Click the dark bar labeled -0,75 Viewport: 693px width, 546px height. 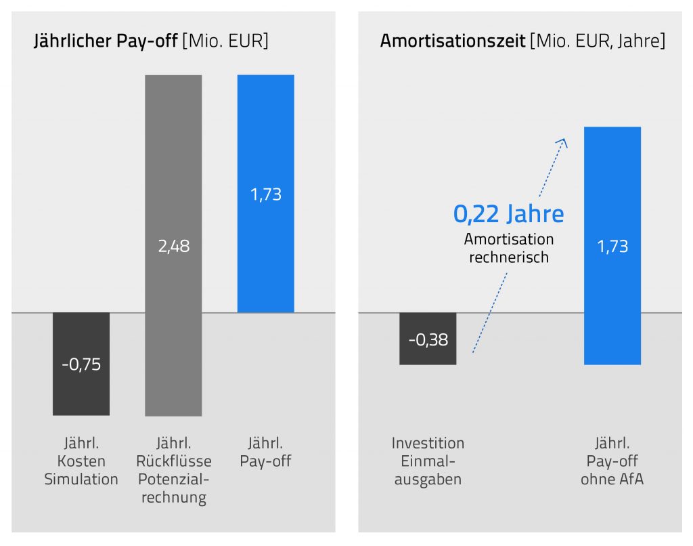pyautogui.click(x=81, y=390)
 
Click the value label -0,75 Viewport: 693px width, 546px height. pyautogui.click(x=81, y=364)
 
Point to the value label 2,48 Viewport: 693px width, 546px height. pyautogui.click(x=173, y=246)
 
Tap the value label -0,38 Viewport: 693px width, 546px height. pyautogui.click(x=428, y=339)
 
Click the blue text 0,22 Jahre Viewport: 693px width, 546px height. pyautogui.click(x=508, y=214)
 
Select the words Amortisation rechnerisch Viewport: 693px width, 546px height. pyautogui.click(x=509, y=248)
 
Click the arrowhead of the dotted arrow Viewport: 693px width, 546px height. pyautogui.click(x=562, y=141)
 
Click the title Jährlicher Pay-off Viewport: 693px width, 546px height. pyautogui.click(x=106, y=41)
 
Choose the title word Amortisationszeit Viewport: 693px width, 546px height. pyautogui.click(x=453, y=41)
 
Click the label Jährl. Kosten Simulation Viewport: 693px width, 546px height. pyautogui.click(x=81, y=461)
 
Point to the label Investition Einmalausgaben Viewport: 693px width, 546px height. pyautogui.click(x=428, y=461)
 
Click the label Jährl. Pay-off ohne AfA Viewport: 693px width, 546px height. pyautogui.click(x=612, y=461)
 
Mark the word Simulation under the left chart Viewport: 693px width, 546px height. pyautogui.click(x=81, y=480)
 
